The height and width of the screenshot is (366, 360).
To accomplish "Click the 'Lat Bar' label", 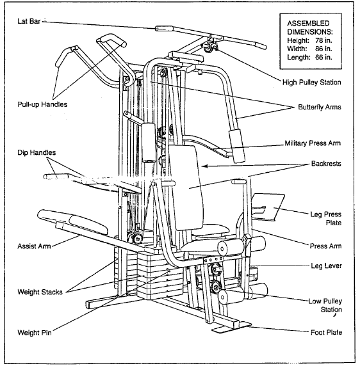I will pyautogui.click(x=29, y=20).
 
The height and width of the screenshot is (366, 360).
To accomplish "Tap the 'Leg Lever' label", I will pyautogui.click(x=326, y=264).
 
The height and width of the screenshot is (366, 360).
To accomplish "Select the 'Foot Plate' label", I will pyautogui.click(x=325, y=332).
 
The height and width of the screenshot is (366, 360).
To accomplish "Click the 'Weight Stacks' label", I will pyautogui.click(x=40, y=292).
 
